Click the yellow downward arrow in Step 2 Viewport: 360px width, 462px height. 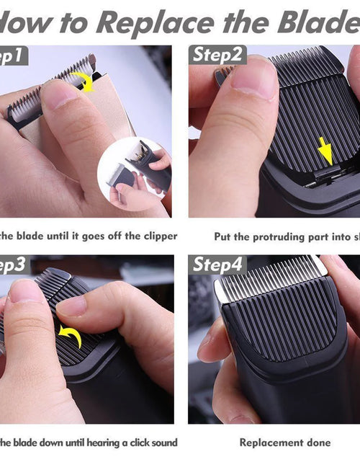pos(325,152)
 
